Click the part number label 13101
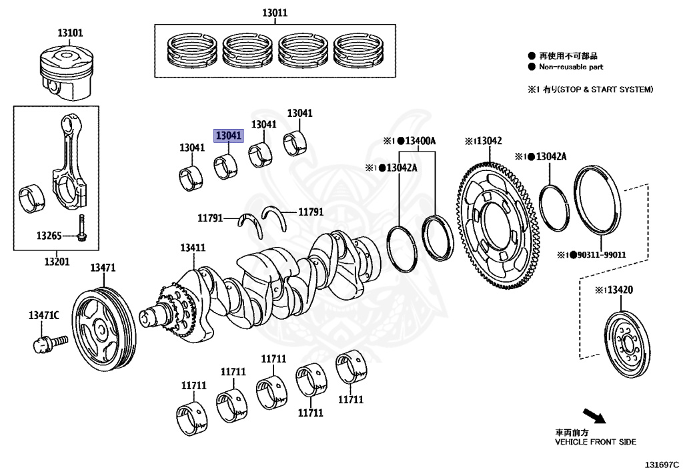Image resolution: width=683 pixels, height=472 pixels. coord(70,32)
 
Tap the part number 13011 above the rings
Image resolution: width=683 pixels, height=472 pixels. coord(274,13)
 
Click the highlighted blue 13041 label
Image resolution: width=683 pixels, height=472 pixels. coord(228,136)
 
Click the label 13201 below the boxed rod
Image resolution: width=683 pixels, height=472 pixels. coord(57,261)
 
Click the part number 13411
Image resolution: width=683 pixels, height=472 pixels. coord(192,248)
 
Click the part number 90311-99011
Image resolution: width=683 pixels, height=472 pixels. coord(599,255)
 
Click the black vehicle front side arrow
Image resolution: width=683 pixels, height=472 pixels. coord(594,416)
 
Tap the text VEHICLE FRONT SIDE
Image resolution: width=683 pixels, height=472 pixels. coord(596,442)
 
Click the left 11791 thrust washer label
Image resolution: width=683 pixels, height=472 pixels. coord(211,218)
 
